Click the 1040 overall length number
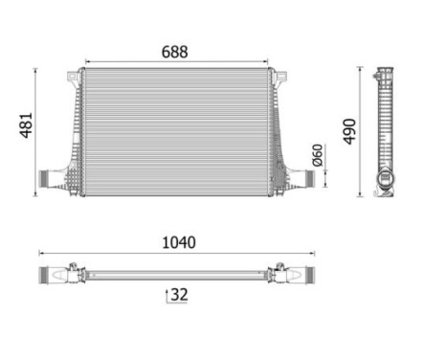point(178,243)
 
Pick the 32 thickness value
point(178,295)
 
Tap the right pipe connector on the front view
point(302,177)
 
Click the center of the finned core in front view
point(175,129)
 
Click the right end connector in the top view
point(304,275)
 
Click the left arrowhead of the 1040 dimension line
point(41,254)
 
